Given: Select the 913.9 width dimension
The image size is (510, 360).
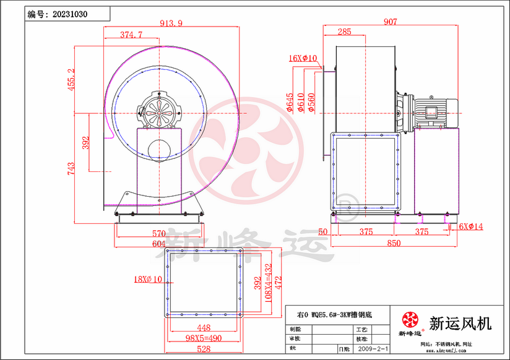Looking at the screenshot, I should click(x=171, y=23).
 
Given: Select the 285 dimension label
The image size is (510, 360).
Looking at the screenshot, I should click(x=345, y=32).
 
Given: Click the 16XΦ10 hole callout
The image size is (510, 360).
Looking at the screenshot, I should click(x=303, y=59).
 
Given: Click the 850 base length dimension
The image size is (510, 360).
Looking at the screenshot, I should click(x=394, y=243).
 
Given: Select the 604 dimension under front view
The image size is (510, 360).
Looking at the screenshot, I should click(x=159, y=243).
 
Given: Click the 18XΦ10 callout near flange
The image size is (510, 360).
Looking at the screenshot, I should click(x=148, y=279).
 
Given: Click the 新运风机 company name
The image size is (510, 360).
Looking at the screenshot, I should click(x=460, y=322).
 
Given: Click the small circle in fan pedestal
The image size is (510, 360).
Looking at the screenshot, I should click(x=160, y=149).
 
